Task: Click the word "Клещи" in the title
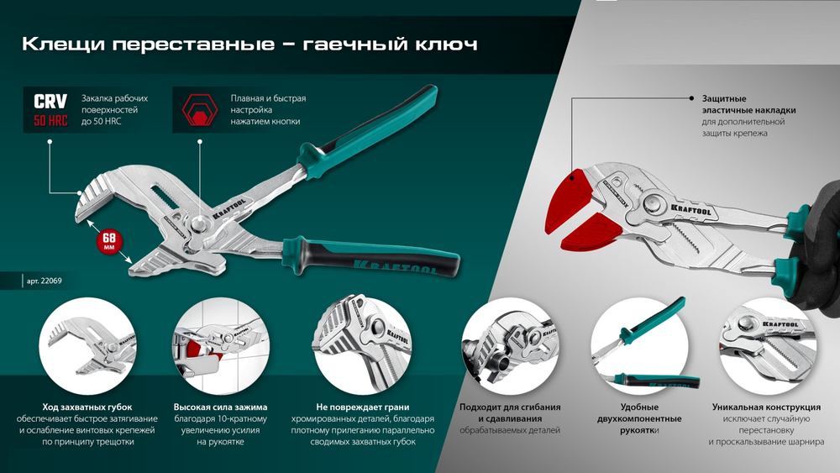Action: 53,44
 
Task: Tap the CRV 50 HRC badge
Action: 50,110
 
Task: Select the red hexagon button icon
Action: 199,110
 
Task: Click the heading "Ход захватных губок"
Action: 87,407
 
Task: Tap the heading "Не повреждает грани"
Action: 363,407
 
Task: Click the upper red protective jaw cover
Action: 574,194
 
